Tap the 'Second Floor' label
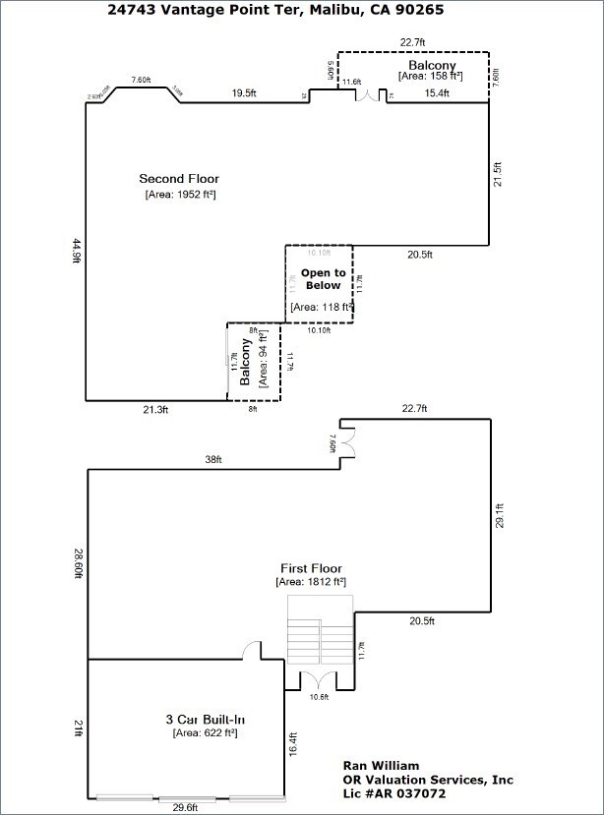[x=178, y=179]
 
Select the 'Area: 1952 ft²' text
[x=179, y=195]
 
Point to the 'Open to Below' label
[x=323, y=279]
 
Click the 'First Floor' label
[x=311, y=568]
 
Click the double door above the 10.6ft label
[x=311, y=680]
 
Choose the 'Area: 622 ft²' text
[x=205, y=732]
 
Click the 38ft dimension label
[x=213, y=460]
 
